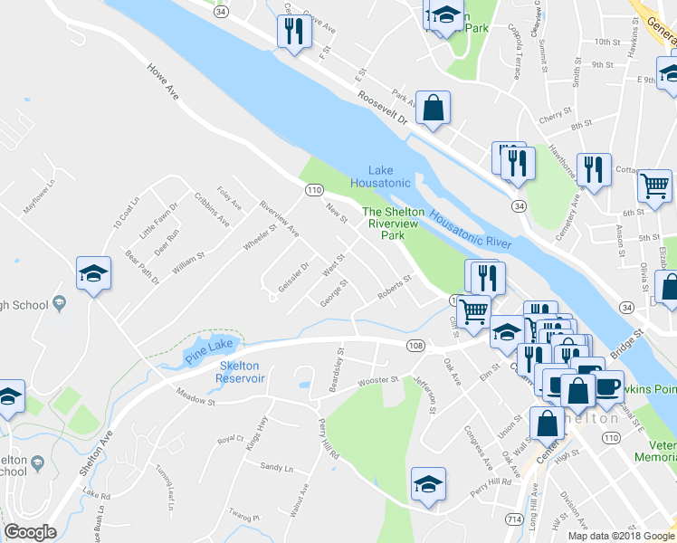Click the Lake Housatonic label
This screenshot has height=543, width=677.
point(390,176)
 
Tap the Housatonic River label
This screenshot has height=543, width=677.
point(471,231)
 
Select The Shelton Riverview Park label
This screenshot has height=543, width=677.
point(392,224)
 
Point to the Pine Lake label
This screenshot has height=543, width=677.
point(210,348)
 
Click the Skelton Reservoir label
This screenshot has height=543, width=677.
point(240,372)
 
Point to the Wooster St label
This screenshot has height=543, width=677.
point(377,383)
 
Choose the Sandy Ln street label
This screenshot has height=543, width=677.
point(277,468)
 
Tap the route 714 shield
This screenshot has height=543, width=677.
point(514,517)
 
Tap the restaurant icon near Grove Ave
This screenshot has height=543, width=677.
point(293,33)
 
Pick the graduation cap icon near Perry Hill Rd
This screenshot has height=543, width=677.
point(428,483)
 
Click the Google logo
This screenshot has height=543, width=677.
point(31,533)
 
